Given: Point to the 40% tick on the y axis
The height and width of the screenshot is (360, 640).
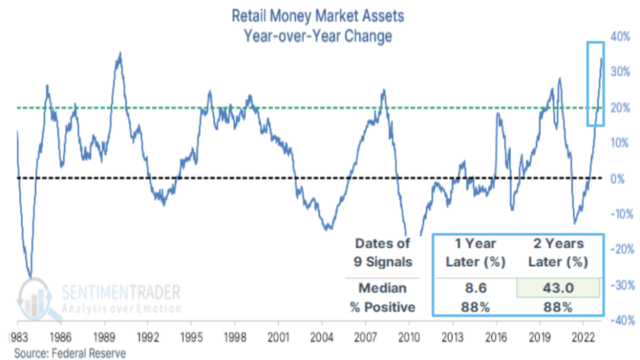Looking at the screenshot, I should click(621, 36).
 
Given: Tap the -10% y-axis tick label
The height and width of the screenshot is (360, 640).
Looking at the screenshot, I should click(619, 213).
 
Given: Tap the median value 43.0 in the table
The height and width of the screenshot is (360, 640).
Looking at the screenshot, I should click(557, 288).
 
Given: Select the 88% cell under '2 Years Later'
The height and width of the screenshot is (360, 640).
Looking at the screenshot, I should click(557, 307).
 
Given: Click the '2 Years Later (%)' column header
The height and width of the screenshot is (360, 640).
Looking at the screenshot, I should click(557, 253).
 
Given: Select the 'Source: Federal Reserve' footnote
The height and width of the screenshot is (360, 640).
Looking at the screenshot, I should click(70, 352).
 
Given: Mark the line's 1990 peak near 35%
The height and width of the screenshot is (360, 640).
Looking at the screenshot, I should click(119, 53).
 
